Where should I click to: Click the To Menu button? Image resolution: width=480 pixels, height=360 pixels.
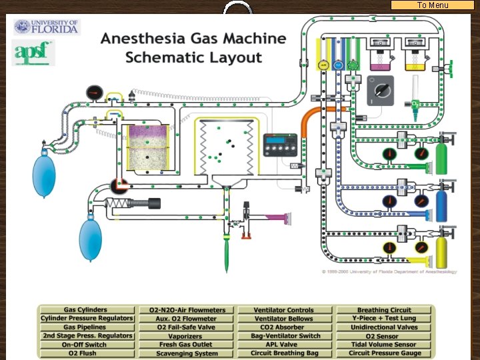433,5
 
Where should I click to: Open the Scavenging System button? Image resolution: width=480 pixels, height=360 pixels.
186,353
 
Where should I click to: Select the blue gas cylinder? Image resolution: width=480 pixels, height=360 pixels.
441,203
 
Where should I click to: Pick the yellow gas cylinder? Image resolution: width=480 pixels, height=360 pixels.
441,251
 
